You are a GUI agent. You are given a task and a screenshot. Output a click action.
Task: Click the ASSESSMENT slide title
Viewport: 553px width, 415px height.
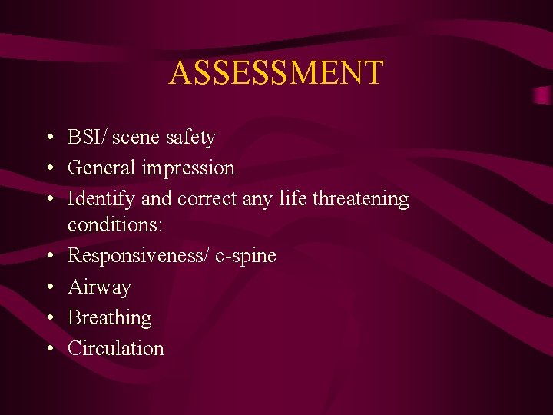[x=276, y=73]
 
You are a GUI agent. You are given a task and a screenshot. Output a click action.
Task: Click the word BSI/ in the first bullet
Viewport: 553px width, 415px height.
[x=88, y=138]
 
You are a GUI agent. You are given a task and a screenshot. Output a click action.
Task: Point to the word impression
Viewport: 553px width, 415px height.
[x=188, y=168]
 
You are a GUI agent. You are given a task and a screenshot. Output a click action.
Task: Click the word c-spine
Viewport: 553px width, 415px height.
[x=245, y=256]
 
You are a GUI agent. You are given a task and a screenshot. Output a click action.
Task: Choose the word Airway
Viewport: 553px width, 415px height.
[x=99, y=287]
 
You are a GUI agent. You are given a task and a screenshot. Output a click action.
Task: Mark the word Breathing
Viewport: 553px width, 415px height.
[x=109, y=317]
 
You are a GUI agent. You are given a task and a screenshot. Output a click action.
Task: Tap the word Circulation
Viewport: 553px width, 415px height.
[x=116, y=348]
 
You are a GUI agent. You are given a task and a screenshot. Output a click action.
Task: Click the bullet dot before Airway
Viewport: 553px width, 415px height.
[x=48, y=287]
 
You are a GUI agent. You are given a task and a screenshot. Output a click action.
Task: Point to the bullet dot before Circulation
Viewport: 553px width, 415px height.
[x=48, y=348]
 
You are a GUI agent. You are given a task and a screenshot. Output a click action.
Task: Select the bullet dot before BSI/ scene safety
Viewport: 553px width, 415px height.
[x=48, y=138]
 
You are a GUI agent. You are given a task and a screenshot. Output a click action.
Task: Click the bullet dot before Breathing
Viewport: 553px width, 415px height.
[x=48, y=317]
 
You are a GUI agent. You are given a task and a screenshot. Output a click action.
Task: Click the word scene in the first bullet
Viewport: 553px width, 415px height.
[x=136, y=138]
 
